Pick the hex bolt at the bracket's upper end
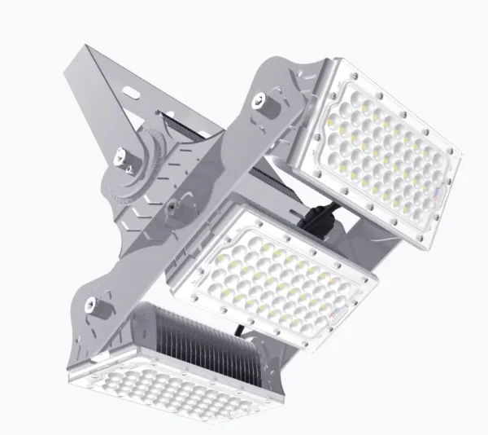click(259, 101)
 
